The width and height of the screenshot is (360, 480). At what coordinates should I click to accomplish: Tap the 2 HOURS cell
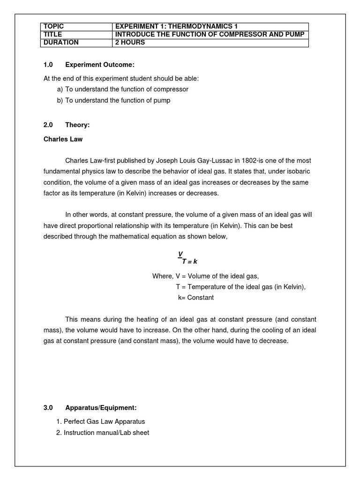point(130,43)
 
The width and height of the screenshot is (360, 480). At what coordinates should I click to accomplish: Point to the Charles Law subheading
point(63,139)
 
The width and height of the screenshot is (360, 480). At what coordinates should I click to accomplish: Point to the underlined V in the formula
point(180,254)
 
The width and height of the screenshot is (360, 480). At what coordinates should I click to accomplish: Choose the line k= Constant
point(195,298)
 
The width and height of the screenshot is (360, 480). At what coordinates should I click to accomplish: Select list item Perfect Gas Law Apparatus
point(104,421)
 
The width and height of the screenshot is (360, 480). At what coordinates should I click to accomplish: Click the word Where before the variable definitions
point(162,276)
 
